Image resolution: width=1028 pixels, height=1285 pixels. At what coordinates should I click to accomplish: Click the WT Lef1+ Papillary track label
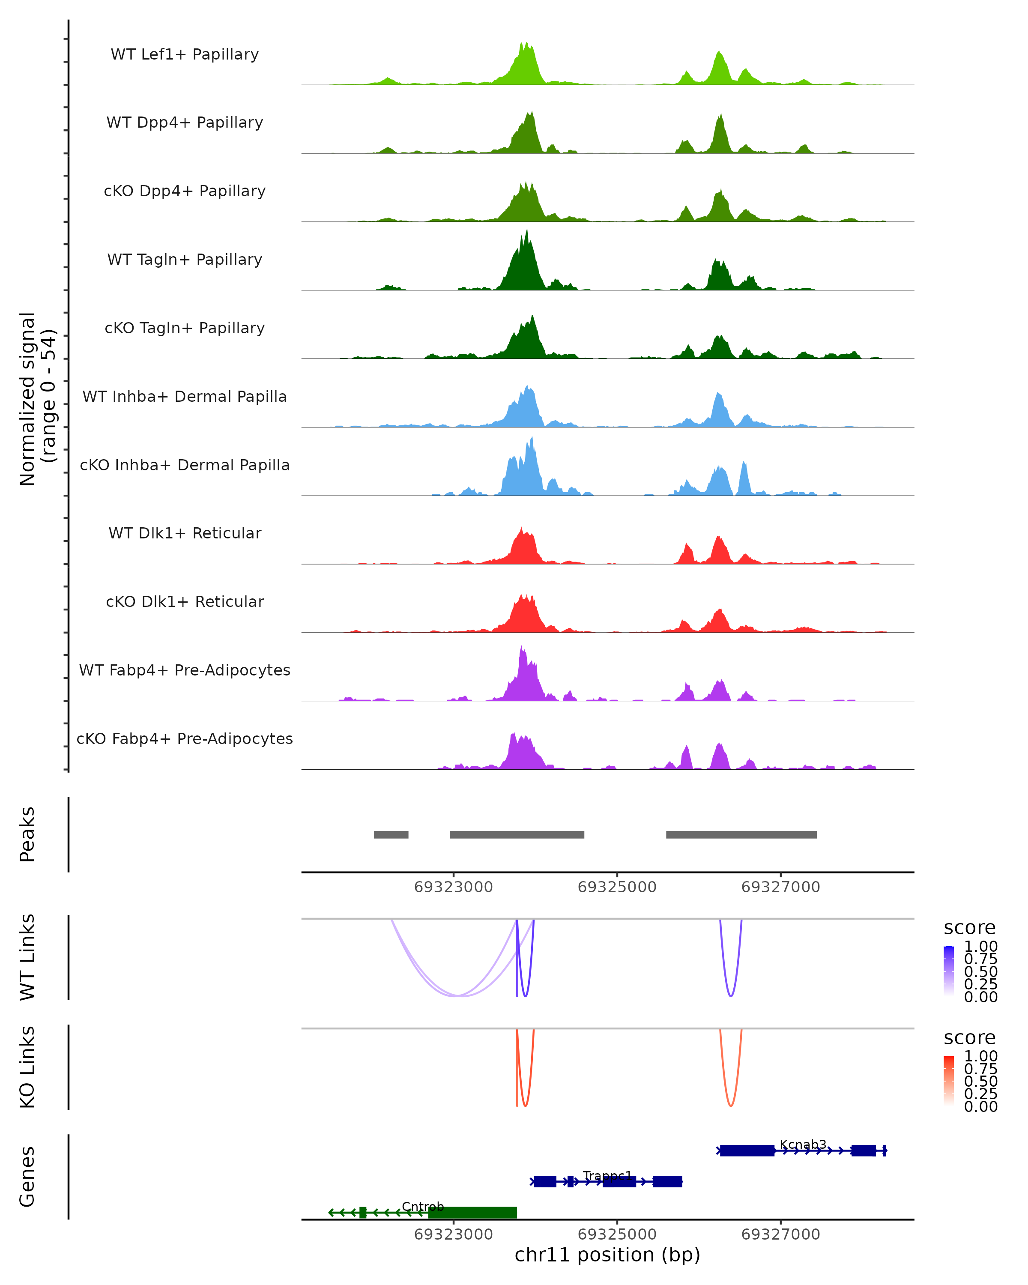[x=185, y=54]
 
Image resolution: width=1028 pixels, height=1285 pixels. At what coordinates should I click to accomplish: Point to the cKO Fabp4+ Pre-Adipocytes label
[x=185, y=738]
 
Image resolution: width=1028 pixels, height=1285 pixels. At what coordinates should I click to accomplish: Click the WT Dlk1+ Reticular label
[x=185, y=533]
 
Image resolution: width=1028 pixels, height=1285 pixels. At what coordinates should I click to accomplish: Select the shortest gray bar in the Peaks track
[x=391, y=834]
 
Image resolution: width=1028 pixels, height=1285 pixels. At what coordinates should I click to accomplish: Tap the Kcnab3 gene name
[x=803, y=1145]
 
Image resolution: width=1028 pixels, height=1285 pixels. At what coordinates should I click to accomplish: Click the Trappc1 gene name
[x=607, y=1175]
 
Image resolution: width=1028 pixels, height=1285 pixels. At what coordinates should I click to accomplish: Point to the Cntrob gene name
[x=422, y=1206]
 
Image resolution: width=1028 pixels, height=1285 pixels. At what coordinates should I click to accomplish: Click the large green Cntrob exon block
[x=472, y=1212]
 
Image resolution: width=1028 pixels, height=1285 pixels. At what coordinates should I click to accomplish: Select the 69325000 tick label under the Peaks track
[x=617, y=888]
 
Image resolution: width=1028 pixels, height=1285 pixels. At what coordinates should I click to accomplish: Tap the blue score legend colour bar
[x=949, y=971]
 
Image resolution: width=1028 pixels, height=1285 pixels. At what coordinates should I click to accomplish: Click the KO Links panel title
[x=27, y=1067]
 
